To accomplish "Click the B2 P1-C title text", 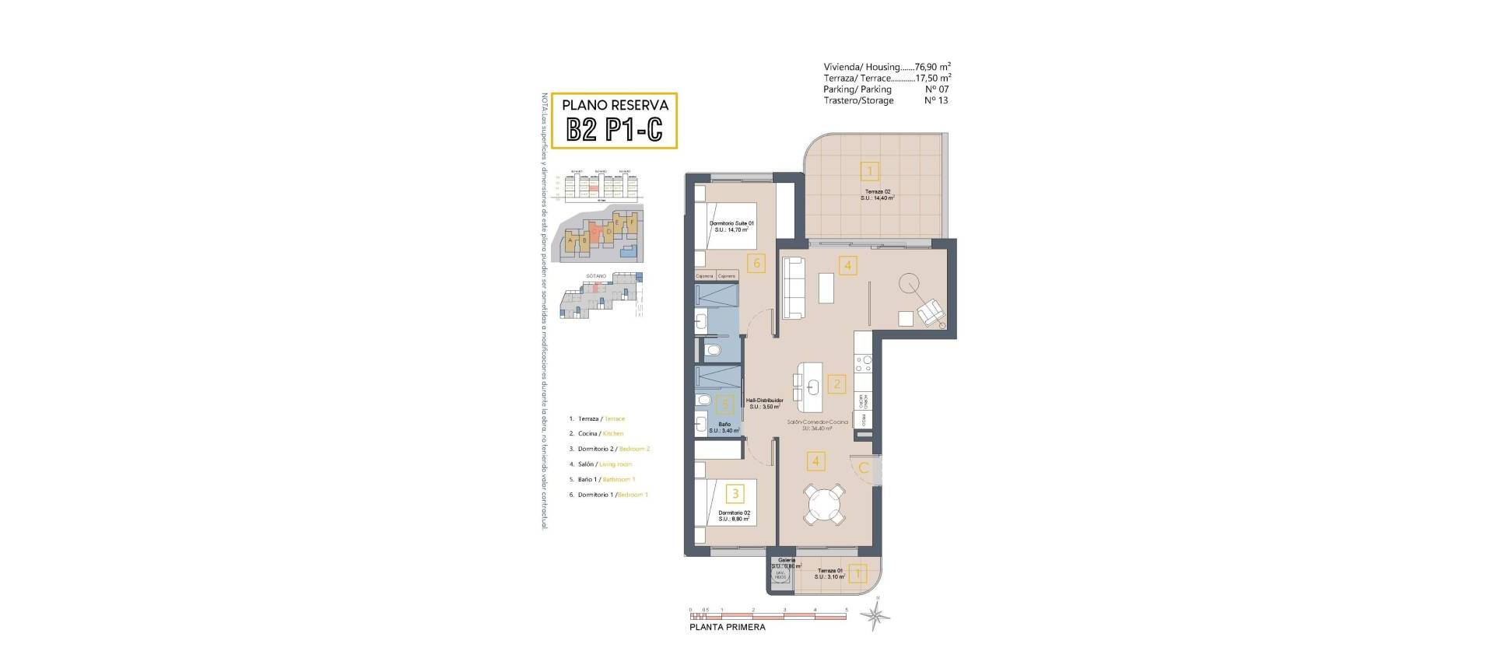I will [x=614, y=129].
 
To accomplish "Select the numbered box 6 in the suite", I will [x=756, y=263].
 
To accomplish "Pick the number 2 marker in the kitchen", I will [x=837, y=383].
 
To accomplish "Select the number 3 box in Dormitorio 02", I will [x=734, y=493].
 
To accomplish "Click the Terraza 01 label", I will [x=829, y=573].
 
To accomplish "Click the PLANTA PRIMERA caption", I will [x=728, y=627].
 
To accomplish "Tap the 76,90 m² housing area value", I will [x=933, y=67].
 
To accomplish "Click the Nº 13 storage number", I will [x=936, y=100].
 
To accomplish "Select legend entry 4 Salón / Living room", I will [x=601, y=464].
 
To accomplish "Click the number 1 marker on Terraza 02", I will [x=870, y=170].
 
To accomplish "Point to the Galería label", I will [x=786, y=559].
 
